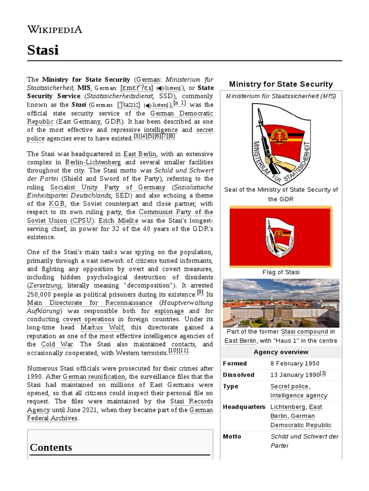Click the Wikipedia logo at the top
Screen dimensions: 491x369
(x=54, y=30)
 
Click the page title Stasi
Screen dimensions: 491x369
(x=43, y=49)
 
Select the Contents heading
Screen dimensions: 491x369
(x=50, y=447)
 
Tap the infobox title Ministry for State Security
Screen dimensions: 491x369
(x=281, y=84)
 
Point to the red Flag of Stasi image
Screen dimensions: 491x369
(x=281, y=236)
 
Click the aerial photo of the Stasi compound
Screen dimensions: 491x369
(x=281, y=303)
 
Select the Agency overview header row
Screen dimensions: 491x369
(x=281, y=351)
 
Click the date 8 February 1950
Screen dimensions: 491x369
(x=295, y=363)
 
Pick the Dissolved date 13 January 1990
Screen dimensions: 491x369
(x=295, y=375)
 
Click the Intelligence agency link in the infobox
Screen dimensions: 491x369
(x=298, y=396)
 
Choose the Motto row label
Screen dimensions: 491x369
(x=232, y=436)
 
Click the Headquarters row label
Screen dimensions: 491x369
(x=244, y=407)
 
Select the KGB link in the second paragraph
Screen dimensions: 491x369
(x=57, y=204)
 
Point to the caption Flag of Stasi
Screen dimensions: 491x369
(x=281, y=272)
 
